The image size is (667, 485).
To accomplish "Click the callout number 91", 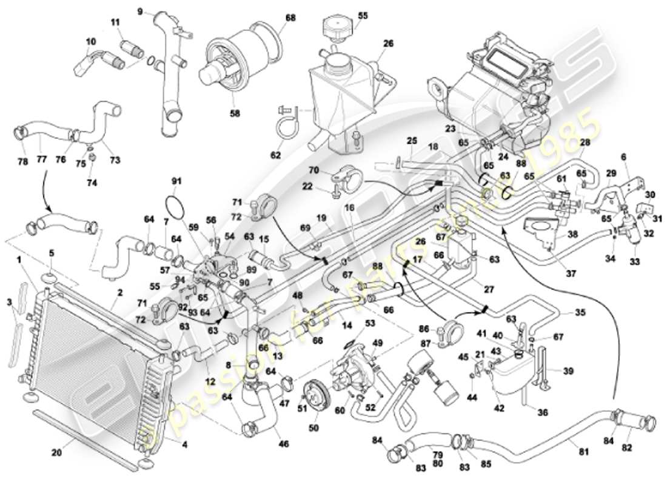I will pyautogui.click(x=176, y=181).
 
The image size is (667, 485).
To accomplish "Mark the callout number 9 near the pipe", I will pyautogui.click(x=139, y=11).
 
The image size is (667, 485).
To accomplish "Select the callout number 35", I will pyautogui.click(x=580, y=313).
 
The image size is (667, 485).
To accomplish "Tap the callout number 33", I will pyautogui.click(x=634, y=263).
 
